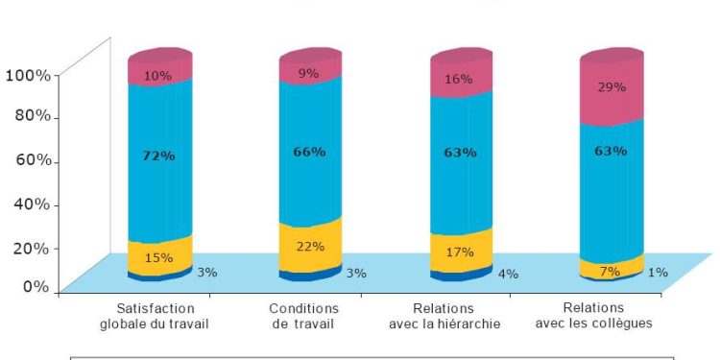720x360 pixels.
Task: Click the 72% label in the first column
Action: point(159,156)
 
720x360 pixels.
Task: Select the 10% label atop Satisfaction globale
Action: point(159,75)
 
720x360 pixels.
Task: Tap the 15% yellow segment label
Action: point(159,257)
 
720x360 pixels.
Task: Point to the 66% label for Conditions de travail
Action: point(310,152)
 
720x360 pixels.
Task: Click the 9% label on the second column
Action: point(309,72)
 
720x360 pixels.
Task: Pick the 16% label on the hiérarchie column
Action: point(459,79)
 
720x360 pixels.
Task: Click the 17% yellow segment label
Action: point(459,254)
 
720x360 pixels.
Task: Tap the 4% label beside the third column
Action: point(508,274)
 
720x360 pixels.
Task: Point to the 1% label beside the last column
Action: point(658,273)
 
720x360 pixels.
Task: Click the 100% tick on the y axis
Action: point(31,74)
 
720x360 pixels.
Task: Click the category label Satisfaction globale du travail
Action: point(155,316)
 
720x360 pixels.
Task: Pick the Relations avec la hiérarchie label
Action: point(444,316)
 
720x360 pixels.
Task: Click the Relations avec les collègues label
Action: point(594,316)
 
